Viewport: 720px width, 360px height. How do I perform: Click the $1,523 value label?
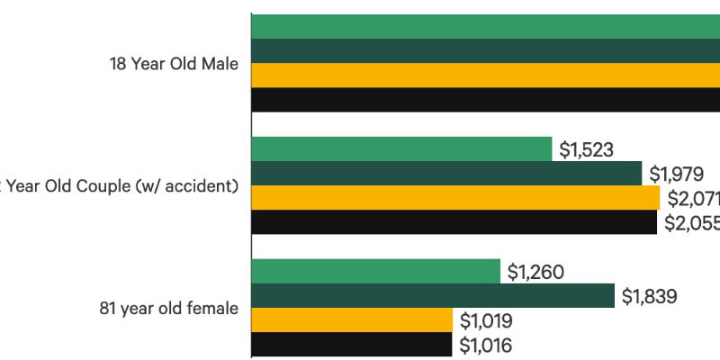[x=586, y=149]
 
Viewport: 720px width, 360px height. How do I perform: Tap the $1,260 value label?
[x=535, y=271]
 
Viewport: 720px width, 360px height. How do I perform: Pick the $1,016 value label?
[x=487, y=344]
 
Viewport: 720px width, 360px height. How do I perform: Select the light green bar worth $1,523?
[x=401, y=149]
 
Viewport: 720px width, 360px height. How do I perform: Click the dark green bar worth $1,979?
[x=446, y=174]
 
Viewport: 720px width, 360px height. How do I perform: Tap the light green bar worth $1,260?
[x=376, y=271]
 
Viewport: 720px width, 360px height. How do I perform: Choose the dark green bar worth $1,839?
[x=433, y=295]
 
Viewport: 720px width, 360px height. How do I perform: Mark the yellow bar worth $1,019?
[x=352, y=319]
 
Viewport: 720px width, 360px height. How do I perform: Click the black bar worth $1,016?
[x=352, y=344]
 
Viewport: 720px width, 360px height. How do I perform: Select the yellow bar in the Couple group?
[x=455, y=198]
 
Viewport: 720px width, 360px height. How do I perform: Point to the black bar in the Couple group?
[x=454, y=222]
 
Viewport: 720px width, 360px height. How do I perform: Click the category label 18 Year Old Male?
[x=173, y=64]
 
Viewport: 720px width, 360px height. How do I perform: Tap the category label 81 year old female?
[x=169, y=308]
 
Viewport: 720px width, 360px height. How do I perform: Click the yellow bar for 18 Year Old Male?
[x=486, y=76]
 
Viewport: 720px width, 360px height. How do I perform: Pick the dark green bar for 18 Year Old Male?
[x=486, y=51]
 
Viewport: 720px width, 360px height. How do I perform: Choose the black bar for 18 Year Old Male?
[x=486, y=100]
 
